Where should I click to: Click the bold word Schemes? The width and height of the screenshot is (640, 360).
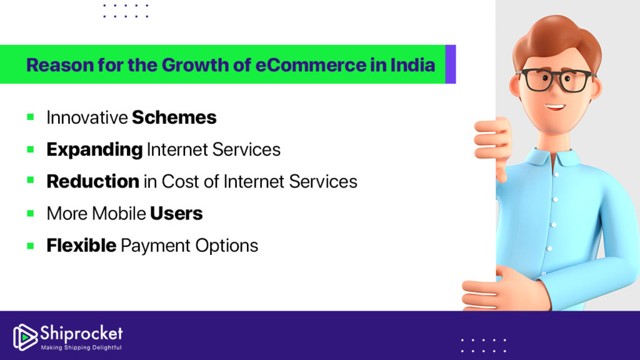(x=174, y=117)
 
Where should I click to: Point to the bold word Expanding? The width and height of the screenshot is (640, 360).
(x=94, y=149)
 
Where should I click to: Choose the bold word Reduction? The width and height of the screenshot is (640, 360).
(x=92, y=181)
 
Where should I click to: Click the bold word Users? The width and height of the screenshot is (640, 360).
(x=176, y=213)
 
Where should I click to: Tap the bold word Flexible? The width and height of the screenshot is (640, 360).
(x=81, y=246)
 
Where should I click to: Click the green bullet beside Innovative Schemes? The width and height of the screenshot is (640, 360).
(x=30, y=117)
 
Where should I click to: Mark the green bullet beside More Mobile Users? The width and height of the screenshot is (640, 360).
(x=30, y=213)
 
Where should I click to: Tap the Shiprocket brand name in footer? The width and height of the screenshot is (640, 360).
(x=81, y=332)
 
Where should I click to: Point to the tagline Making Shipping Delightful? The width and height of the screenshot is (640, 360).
(x=81, y=347)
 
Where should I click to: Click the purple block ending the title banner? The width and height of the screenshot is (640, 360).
(x=451, y=64)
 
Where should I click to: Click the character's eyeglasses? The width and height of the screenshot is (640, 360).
(x=555, y=80)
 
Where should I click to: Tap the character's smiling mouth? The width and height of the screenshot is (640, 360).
(x=554, y=106)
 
